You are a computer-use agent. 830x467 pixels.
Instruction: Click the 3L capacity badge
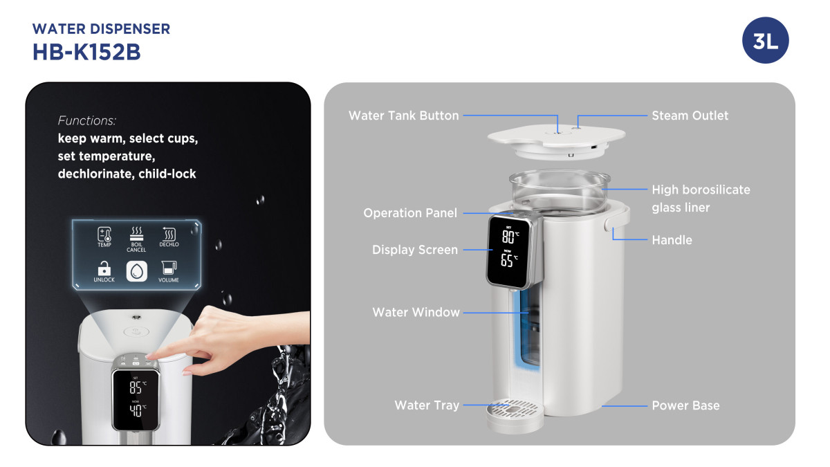pos(765,40)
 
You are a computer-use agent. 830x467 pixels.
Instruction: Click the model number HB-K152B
pos(86,52)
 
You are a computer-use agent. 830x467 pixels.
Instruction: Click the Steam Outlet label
pos(690,116)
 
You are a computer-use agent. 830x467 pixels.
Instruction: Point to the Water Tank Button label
pos(403,116)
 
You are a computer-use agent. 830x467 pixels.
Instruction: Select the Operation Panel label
pos(410,213)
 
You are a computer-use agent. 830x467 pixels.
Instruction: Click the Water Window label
pos(416,312)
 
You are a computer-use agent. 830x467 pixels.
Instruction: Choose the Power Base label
pos(685,405)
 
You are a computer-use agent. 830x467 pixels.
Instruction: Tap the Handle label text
pos(672,240)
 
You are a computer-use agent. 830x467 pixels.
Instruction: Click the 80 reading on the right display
pos(508,237)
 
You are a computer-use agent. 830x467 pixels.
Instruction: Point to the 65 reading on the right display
pos(506,260)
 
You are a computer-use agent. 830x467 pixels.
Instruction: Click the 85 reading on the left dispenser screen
pos(136,387)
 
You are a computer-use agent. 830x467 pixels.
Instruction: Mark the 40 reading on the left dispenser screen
pos(136,410)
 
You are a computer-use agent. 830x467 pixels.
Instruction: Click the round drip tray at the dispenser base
pos(515,414)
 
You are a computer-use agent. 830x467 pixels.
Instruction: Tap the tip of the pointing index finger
pos(149,356)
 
